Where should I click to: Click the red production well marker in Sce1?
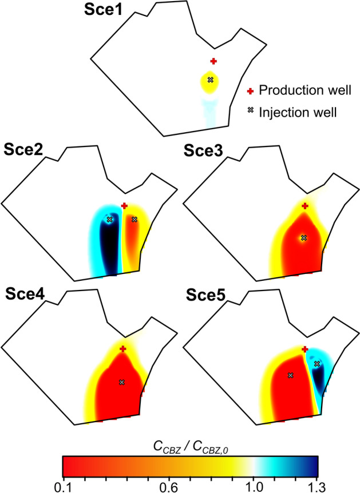click(213, 61)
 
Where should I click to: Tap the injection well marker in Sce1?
click(210, 79)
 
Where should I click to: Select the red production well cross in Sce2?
click(124, 206)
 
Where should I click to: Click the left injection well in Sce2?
click(109, 219)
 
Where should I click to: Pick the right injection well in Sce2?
click(134, 219)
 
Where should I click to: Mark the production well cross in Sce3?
click(305, 206)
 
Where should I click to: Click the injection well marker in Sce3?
click(304, 237)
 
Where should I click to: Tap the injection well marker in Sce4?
click(121, 381)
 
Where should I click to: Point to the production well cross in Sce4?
click(122, 349)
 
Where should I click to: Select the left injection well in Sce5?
click(290, 375)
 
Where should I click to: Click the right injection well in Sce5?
click(317, 363)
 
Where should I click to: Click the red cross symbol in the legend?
click(250, 90)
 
